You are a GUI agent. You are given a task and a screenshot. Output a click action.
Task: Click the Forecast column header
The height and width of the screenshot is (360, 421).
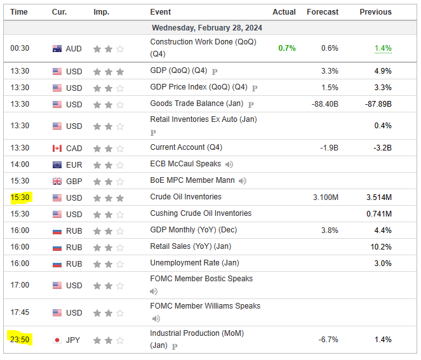pos(323,12)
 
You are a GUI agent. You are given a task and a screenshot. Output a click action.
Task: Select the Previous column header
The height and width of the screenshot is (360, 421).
pos(375,12)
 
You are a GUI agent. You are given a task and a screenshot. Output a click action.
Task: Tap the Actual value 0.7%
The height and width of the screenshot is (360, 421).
pos(286,48)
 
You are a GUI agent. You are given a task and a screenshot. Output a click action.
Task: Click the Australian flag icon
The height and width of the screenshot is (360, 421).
pos(57,49)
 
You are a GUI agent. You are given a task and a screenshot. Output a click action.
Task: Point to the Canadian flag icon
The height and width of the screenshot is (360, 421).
pos(57,149)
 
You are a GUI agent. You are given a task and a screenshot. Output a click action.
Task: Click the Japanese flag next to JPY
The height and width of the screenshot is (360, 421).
pos(57,340)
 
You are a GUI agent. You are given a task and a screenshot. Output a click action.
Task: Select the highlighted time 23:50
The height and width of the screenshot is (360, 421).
pos(19,340)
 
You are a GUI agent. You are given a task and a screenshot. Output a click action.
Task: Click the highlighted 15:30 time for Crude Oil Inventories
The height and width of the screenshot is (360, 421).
pos(19,197)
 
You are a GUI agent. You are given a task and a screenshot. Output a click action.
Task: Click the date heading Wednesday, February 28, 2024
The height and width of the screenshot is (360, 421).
pos(207,28)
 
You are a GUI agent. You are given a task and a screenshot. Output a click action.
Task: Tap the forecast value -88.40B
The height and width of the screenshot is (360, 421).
pos(324,104)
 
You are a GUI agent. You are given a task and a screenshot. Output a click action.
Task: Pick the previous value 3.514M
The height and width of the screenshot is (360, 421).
pos(378,197)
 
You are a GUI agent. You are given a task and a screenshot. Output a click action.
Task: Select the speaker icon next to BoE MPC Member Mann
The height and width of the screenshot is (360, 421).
pos(243,181)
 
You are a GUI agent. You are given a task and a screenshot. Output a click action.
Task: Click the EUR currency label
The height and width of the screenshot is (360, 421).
pos(74,165)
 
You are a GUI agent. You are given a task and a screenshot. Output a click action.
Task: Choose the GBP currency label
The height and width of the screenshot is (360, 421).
pos(74,181)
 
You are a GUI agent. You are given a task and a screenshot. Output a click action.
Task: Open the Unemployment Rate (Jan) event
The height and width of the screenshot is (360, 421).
pos(194,263)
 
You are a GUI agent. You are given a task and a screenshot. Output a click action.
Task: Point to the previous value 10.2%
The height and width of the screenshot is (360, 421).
pos(381,246)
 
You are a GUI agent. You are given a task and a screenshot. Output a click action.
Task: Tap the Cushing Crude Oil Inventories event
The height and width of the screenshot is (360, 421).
pos(201,213)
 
